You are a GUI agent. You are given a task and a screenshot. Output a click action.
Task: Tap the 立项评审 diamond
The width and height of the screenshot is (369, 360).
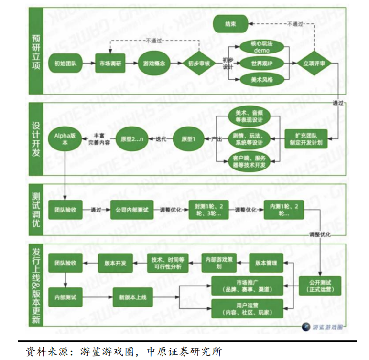click(315, 64)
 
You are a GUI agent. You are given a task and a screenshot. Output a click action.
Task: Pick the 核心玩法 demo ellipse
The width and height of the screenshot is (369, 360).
click(261, 47)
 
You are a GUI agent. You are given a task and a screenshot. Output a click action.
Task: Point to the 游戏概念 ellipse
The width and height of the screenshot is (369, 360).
click(154, 64)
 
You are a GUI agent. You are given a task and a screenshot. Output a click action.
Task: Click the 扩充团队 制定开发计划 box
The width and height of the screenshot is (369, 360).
click(313, 138)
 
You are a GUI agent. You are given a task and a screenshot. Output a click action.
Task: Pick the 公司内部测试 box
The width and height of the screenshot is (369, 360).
click(131, 210)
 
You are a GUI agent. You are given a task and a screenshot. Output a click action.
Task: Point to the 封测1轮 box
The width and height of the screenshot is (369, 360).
click(207, 210)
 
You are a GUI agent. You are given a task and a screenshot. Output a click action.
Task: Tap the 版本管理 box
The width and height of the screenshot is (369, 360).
click(267, 263)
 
